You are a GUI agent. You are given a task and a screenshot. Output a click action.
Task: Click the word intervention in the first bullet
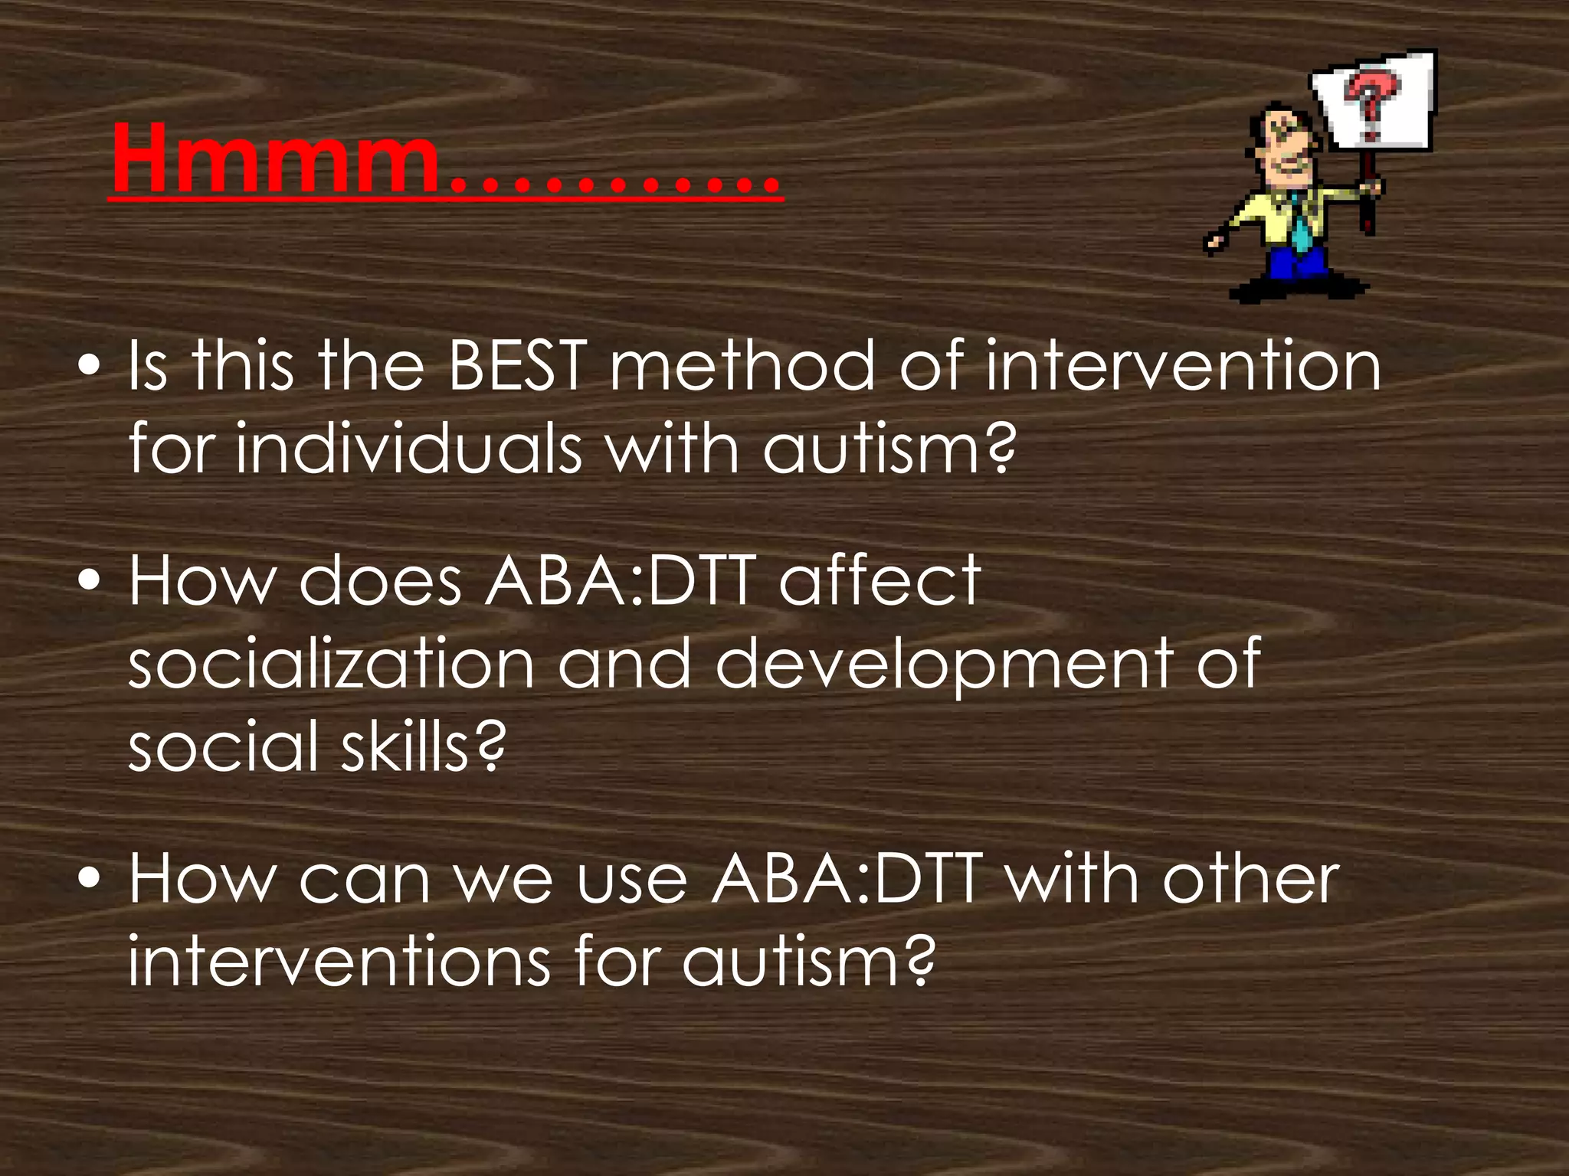1183,367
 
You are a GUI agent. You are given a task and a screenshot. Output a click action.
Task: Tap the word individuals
410,449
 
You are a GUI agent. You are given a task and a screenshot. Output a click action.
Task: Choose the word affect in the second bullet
879,581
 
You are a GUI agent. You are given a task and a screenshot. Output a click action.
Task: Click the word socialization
331,664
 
